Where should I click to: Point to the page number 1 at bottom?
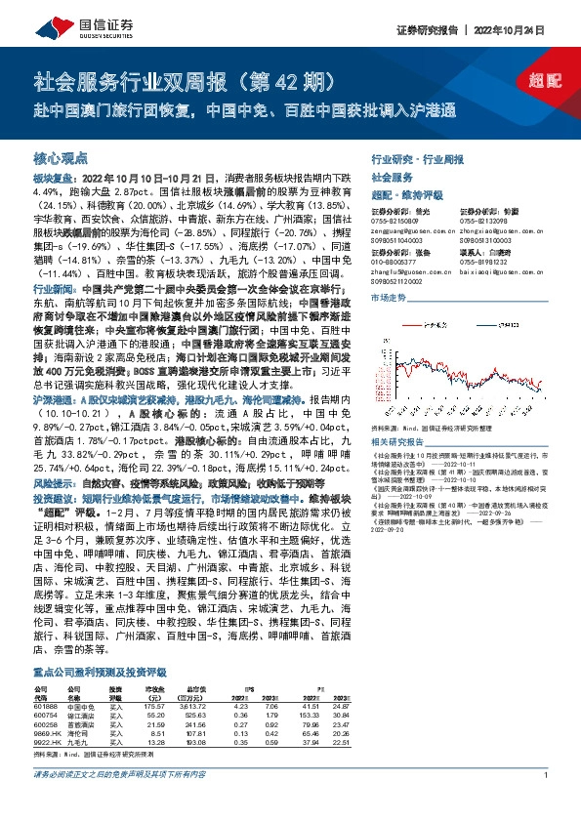point(543,801)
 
